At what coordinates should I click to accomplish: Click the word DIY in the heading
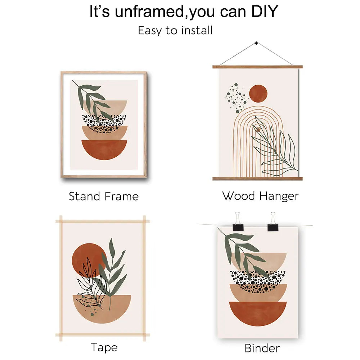pyautogui.click(x=265, y=11)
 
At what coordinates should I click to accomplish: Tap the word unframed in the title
pyautogui.click(x=149, y=11)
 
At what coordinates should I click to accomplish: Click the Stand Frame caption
pyautogui.click(x=104, y=196)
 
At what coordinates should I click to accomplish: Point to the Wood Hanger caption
pyautogui.click(x=260, y=196)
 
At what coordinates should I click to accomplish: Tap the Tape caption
pyautogui.click(x=104, y=347)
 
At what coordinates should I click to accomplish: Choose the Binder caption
pyautogui.click(x=262, y=348)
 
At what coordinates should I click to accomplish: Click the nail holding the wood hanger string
pyautogui.click(x=256, y=43)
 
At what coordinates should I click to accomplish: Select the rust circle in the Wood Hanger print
pyautogui.click(x=258, y=94)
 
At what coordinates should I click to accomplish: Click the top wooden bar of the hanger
pyautogui.click(x=258, y=67)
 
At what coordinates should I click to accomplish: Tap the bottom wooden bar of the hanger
pyautogui.click(x=258, y=179)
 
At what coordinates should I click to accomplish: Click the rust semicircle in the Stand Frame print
pyautogui.click(x=104, y=149)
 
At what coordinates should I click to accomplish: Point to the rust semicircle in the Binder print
pyautogui.click(x=258, y=313)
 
